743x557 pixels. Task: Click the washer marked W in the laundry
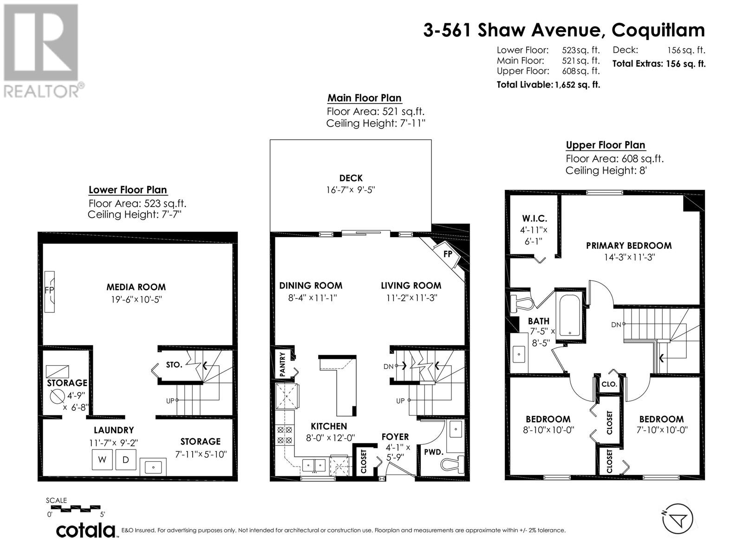tap(102, 459)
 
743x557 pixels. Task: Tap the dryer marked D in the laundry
tap(126, 459)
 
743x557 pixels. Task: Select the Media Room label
tap(136, 287)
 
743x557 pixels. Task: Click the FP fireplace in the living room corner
tap(447, 253)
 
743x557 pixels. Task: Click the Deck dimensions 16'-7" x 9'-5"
tap(350, 190)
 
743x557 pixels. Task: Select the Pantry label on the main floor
tap(283, 364)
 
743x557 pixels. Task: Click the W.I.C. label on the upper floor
tap(534, 219)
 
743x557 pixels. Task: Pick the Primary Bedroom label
tap(629, 246)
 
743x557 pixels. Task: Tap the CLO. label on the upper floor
tap(609, 384)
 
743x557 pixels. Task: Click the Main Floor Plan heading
tap(364, 98)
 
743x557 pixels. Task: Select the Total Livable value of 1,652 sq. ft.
tap(578, 84)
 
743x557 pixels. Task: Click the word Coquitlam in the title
tap(658, 30)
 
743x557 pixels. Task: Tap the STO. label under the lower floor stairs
tap(174, 364)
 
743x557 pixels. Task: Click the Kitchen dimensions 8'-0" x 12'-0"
tap(330, 438)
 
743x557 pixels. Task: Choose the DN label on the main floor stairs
tap(389, 366)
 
